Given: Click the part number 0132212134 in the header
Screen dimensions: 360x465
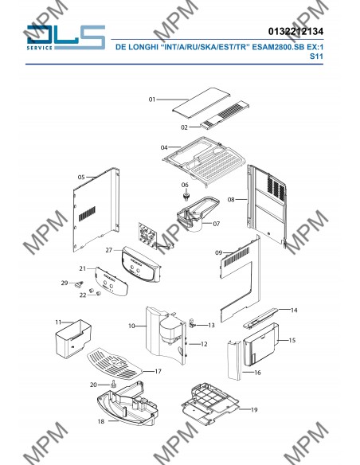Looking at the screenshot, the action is coord(295,31).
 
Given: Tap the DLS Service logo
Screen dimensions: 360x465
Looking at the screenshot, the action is coord(65,37).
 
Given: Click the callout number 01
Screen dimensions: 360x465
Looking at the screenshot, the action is coord(152,100).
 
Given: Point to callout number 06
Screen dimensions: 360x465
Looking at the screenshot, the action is coord(185,185).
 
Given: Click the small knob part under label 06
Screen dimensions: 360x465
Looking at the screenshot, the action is coord(186,197).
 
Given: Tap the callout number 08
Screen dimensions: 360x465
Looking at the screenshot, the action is coord(231,200).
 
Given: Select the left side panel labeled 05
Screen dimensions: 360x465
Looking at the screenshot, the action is coord(96,210).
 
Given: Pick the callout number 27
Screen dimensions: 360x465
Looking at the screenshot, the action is coord(109,250).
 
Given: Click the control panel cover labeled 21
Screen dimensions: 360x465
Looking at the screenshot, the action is coord(112,281).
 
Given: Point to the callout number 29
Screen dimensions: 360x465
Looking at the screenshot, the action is coord(65,283).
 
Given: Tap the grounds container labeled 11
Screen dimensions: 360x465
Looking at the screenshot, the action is coord(73,338).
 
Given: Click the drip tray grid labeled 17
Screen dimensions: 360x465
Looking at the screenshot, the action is coord(115,363).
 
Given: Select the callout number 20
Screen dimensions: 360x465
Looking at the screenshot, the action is coord(93,385).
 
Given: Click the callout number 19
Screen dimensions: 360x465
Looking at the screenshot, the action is coord(254,410).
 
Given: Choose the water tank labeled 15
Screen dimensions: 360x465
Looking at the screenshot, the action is coord(260,344).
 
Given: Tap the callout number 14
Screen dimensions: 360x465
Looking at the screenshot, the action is coord(294,311).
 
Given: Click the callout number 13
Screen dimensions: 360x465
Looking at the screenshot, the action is coord(211,326).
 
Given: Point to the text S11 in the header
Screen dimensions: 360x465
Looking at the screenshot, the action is coord(316,56).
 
